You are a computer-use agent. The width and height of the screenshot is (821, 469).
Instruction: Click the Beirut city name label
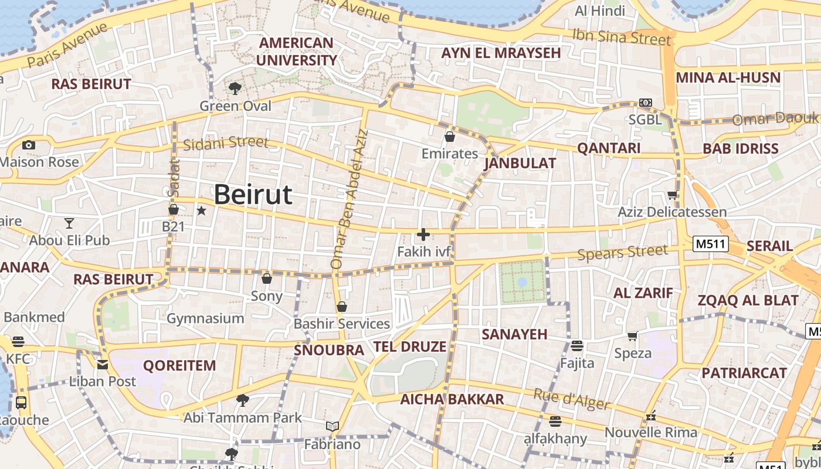[253, 194]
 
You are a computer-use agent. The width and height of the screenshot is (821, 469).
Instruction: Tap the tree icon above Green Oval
[235, 89]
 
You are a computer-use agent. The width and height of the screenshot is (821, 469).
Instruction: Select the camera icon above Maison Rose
[28, 145]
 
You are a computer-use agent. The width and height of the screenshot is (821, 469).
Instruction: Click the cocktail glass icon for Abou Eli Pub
[69, 223]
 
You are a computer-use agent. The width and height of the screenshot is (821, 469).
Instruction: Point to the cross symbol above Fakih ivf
[423, 235]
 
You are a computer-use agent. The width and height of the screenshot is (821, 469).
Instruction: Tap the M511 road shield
[710, 244]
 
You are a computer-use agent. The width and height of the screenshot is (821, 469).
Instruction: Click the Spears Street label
[622, 253]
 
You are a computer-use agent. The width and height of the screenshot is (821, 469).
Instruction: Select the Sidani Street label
[226, 143]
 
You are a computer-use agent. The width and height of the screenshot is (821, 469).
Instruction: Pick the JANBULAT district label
[520, 164]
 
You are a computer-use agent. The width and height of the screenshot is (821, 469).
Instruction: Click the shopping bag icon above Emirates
[450, 137]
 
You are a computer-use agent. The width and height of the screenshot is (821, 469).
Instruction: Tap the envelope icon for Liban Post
[103, 365]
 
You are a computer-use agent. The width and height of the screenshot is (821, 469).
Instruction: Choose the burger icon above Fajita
[577, 346]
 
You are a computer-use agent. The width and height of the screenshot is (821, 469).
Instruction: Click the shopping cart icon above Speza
[633, 336]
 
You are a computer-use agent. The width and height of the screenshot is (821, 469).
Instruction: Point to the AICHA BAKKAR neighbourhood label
[452, 400]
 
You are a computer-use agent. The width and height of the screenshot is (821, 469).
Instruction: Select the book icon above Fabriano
[333, 426]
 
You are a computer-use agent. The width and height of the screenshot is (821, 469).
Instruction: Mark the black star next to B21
[201, 210]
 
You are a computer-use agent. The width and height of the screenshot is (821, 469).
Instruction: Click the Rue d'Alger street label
[571, 399]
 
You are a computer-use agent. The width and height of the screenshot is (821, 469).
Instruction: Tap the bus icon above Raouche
[21, 403]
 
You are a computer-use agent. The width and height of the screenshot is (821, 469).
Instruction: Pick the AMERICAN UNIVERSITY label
[296, 52]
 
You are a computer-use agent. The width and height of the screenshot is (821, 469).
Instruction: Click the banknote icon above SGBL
[646, 103]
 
